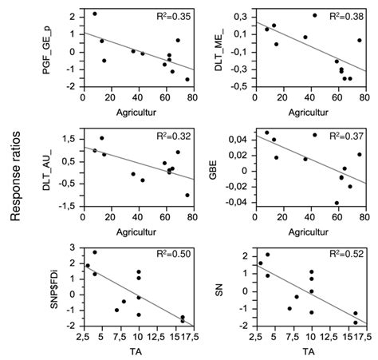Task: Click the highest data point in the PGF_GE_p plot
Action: [x=94, y=14]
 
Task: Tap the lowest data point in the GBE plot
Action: [x=337, y=203]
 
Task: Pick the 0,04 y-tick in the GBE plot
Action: [x=241, y=140]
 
